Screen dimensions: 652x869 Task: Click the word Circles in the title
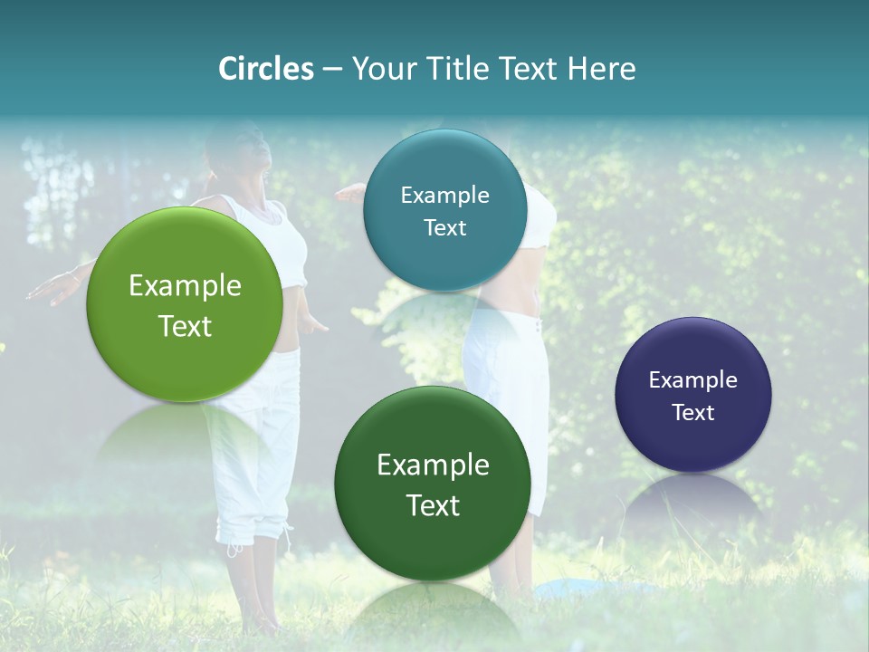point(265,69)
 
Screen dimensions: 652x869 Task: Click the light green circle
point(185,304)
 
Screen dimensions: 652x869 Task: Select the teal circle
point(444,211)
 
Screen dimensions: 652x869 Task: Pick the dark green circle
point(433,484)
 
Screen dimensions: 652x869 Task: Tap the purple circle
point(692,394)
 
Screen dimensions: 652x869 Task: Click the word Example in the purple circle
point(692,379)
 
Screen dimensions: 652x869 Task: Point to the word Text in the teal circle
point(444,228)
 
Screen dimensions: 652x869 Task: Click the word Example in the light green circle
point(185,286)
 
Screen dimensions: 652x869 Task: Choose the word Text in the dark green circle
point(433,505)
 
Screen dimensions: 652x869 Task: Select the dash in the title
point(332,70)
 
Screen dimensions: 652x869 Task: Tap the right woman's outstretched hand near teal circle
point(349,191)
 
